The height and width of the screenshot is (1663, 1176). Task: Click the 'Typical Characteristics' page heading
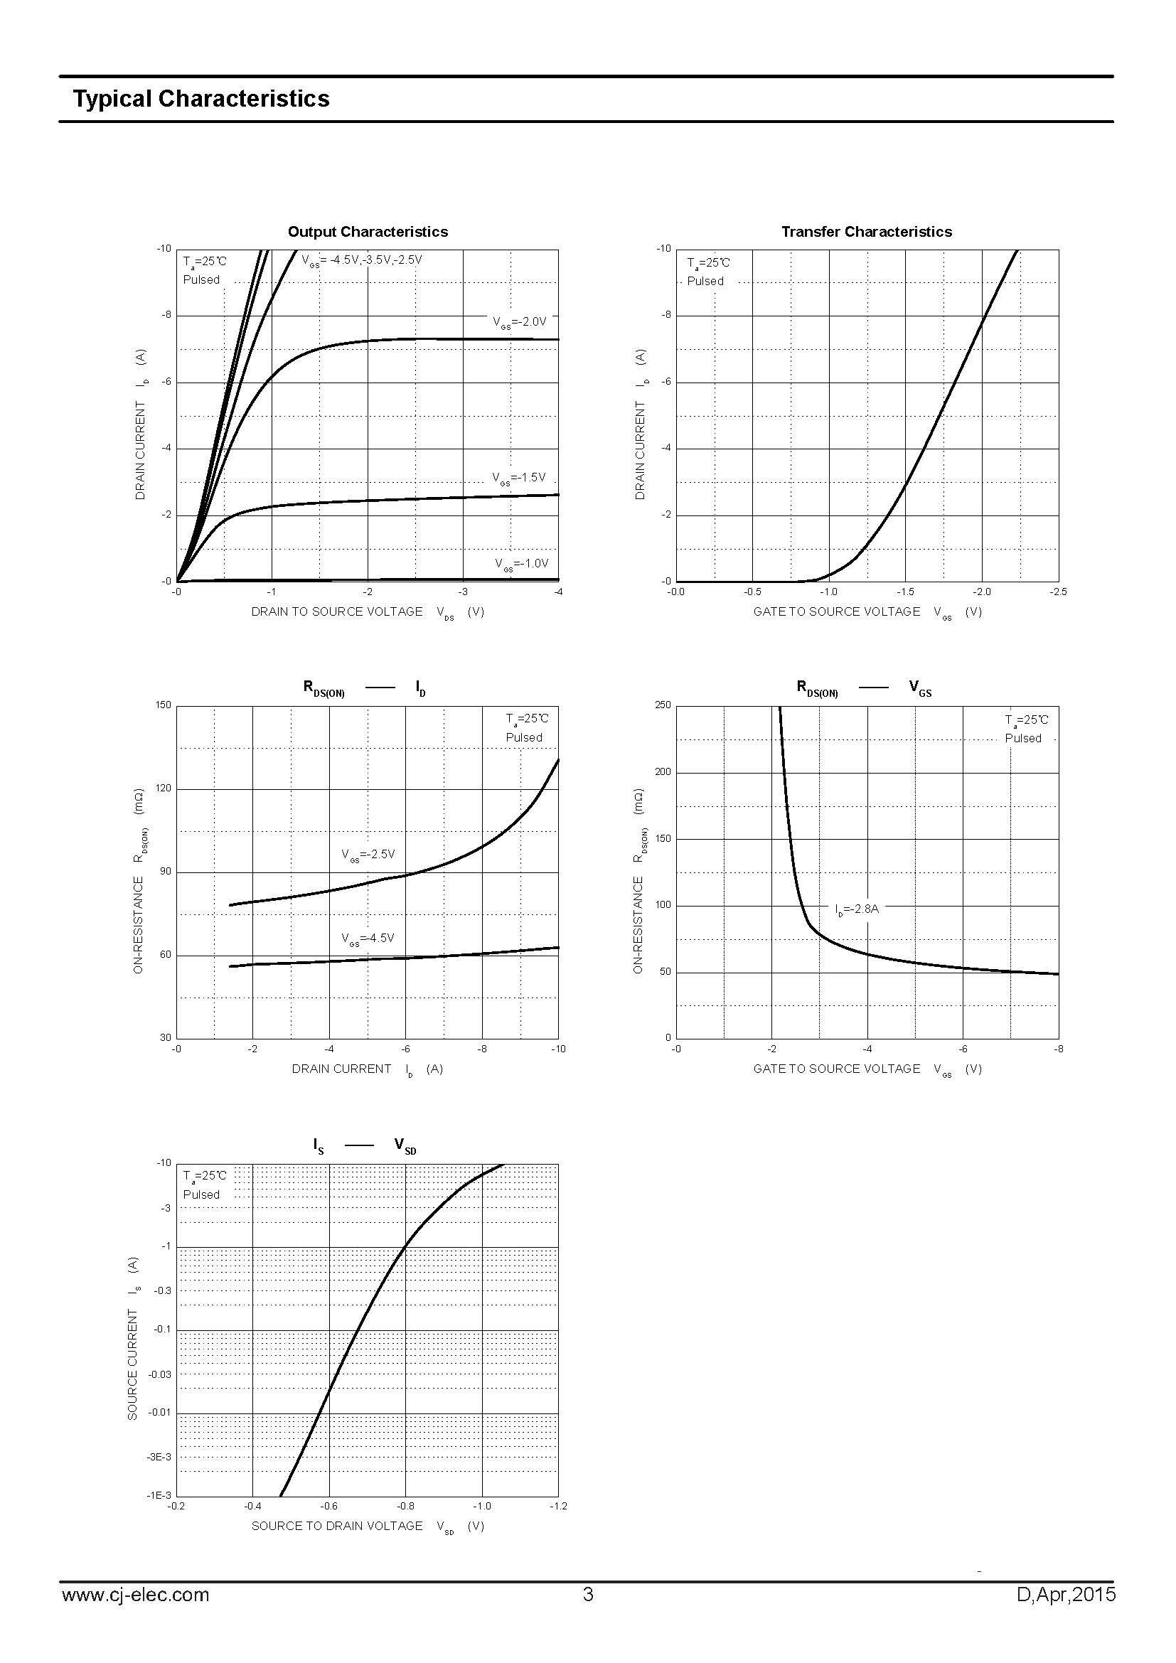201,100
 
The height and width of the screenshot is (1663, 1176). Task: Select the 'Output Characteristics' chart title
368,232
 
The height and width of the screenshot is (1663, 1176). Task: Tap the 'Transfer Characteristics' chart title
866,232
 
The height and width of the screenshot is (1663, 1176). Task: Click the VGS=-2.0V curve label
519,322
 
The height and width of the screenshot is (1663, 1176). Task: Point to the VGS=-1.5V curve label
518,478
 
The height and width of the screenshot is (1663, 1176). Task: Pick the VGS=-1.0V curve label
521,564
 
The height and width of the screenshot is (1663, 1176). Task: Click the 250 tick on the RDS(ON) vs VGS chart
663,705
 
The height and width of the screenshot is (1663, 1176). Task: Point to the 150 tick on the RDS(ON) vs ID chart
164,705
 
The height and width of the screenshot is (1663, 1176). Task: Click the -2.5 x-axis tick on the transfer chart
1057,592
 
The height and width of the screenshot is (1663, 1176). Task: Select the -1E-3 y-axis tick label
159,1495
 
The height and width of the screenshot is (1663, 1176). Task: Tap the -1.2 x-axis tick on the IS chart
558,1506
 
